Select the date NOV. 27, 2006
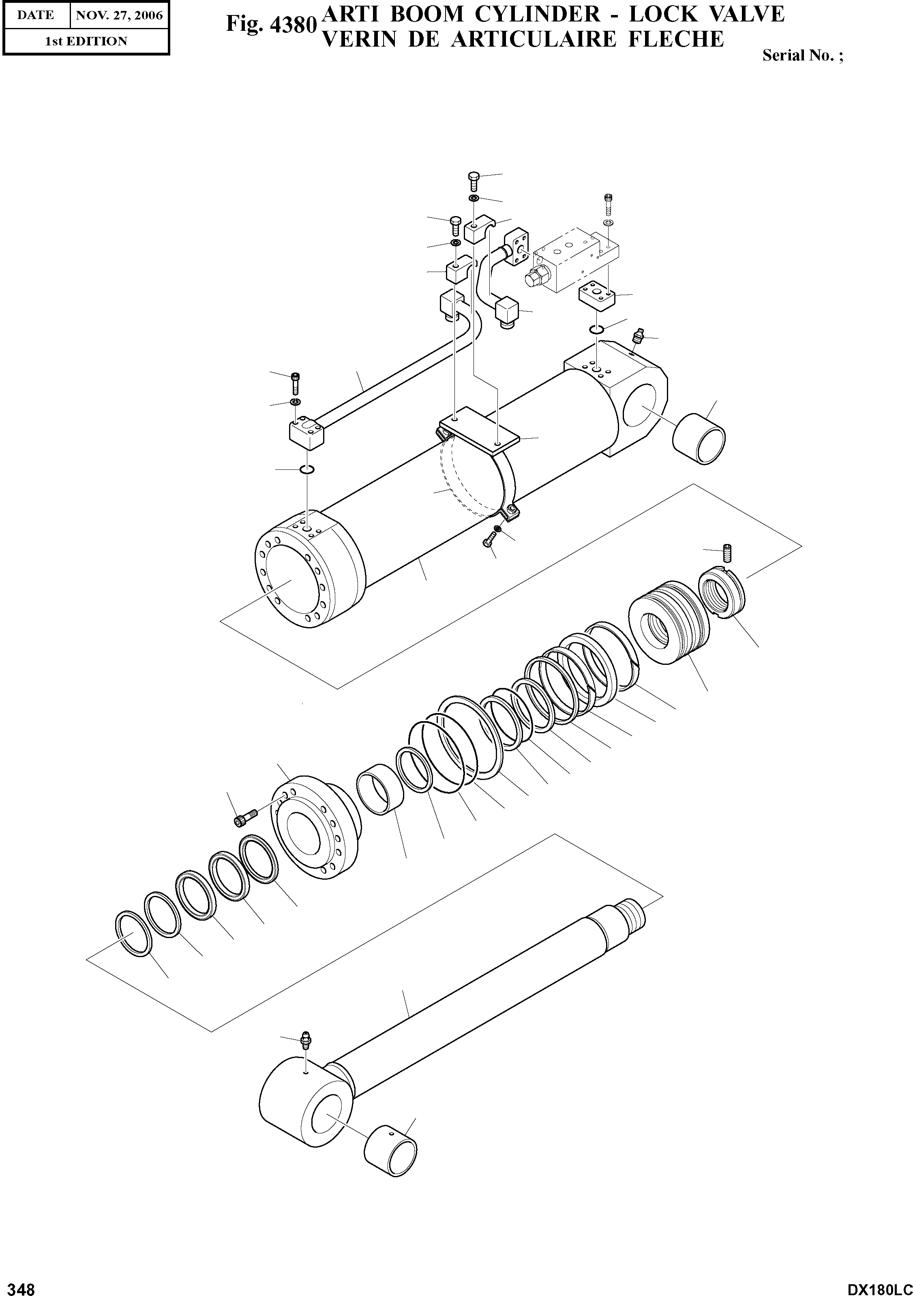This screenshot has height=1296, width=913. click(119, 15)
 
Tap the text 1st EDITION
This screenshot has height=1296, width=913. click(86, 41)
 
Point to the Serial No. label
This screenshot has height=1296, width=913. click(802, 55)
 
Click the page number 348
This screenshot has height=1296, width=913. click(18, 1287)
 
